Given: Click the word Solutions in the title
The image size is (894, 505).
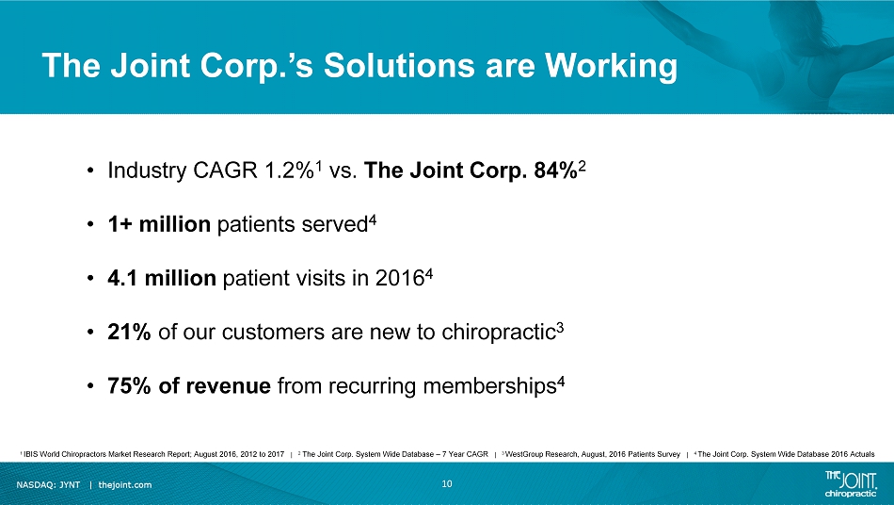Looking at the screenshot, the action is [400, 65].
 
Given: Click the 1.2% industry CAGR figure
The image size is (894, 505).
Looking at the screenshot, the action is [289, 170].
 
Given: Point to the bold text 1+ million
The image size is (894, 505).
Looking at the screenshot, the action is [159, 224].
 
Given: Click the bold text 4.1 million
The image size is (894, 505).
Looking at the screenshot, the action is [162, 278].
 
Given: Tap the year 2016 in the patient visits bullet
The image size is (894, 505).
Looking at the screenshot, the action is [400, 278].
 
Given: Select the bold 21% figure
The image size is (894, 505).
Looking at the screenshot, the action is [129, 332].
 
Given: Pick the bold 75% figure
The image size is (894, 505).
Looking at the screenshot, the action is [130, 385].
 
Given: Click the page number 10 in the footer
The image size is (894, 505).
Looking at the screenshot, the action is [447, 484].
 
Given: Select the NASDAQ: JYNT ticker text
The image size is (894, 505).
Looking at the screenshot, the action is [48, 485].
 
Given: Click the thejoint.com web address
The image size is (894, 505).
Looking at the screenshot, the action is [125, 485].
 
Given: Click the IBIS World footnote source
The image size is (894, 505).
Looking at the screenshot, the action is [152, 454].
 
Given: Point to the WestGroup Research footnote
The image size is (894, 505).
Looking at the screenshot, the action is [591, 454].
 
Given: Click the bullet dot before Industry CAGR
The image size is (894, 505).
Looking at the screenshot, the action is [90, 171].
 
